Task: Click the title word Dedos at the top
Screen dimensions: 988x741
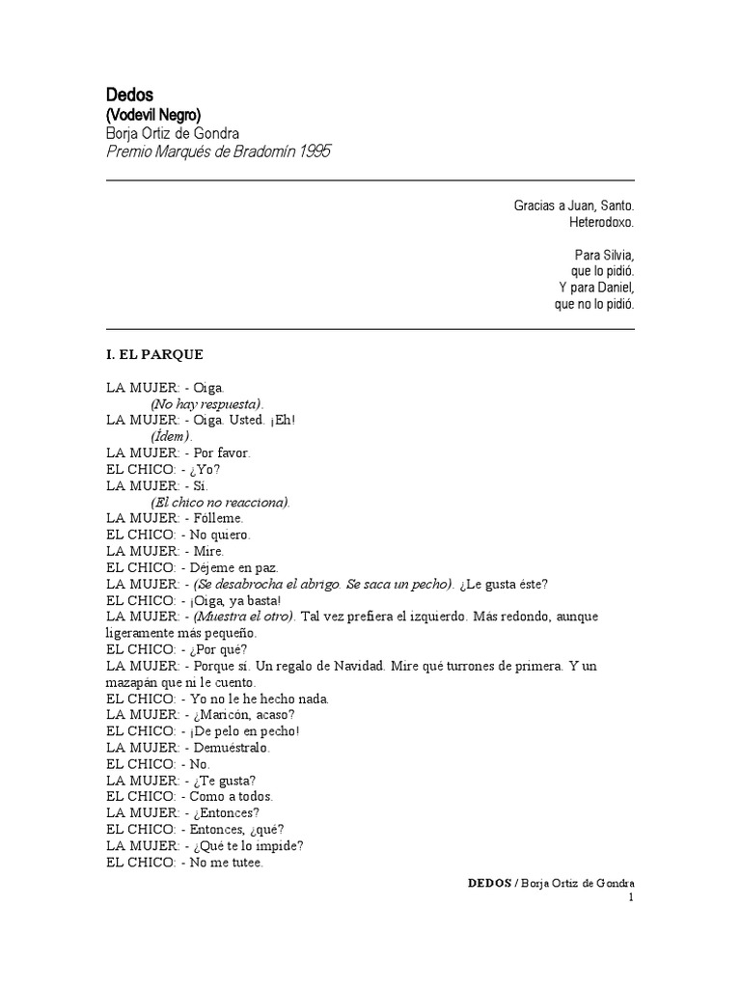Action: [123, 95]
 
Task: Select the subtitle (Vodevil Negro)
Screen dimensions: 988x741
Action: [153, 115]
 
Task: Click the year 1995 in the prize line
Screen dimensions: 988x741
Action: [315, 152]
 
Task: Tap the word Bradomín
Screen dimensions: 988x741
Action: [259, 152]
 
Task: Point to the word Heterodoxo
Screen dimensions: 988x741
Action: [602, 223]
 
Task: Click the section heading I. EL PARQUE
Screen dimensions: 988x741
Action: [154, 354]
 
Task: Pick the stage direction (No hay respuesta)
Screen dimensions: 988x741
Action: [206, 403]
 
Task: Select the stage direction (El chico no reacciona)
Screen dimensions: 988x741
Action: [220, 502]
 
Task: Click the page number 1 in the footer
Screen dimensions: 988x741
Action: [631, 897]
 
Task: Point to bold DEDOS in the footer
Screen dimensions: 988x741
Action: [489, 884]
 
